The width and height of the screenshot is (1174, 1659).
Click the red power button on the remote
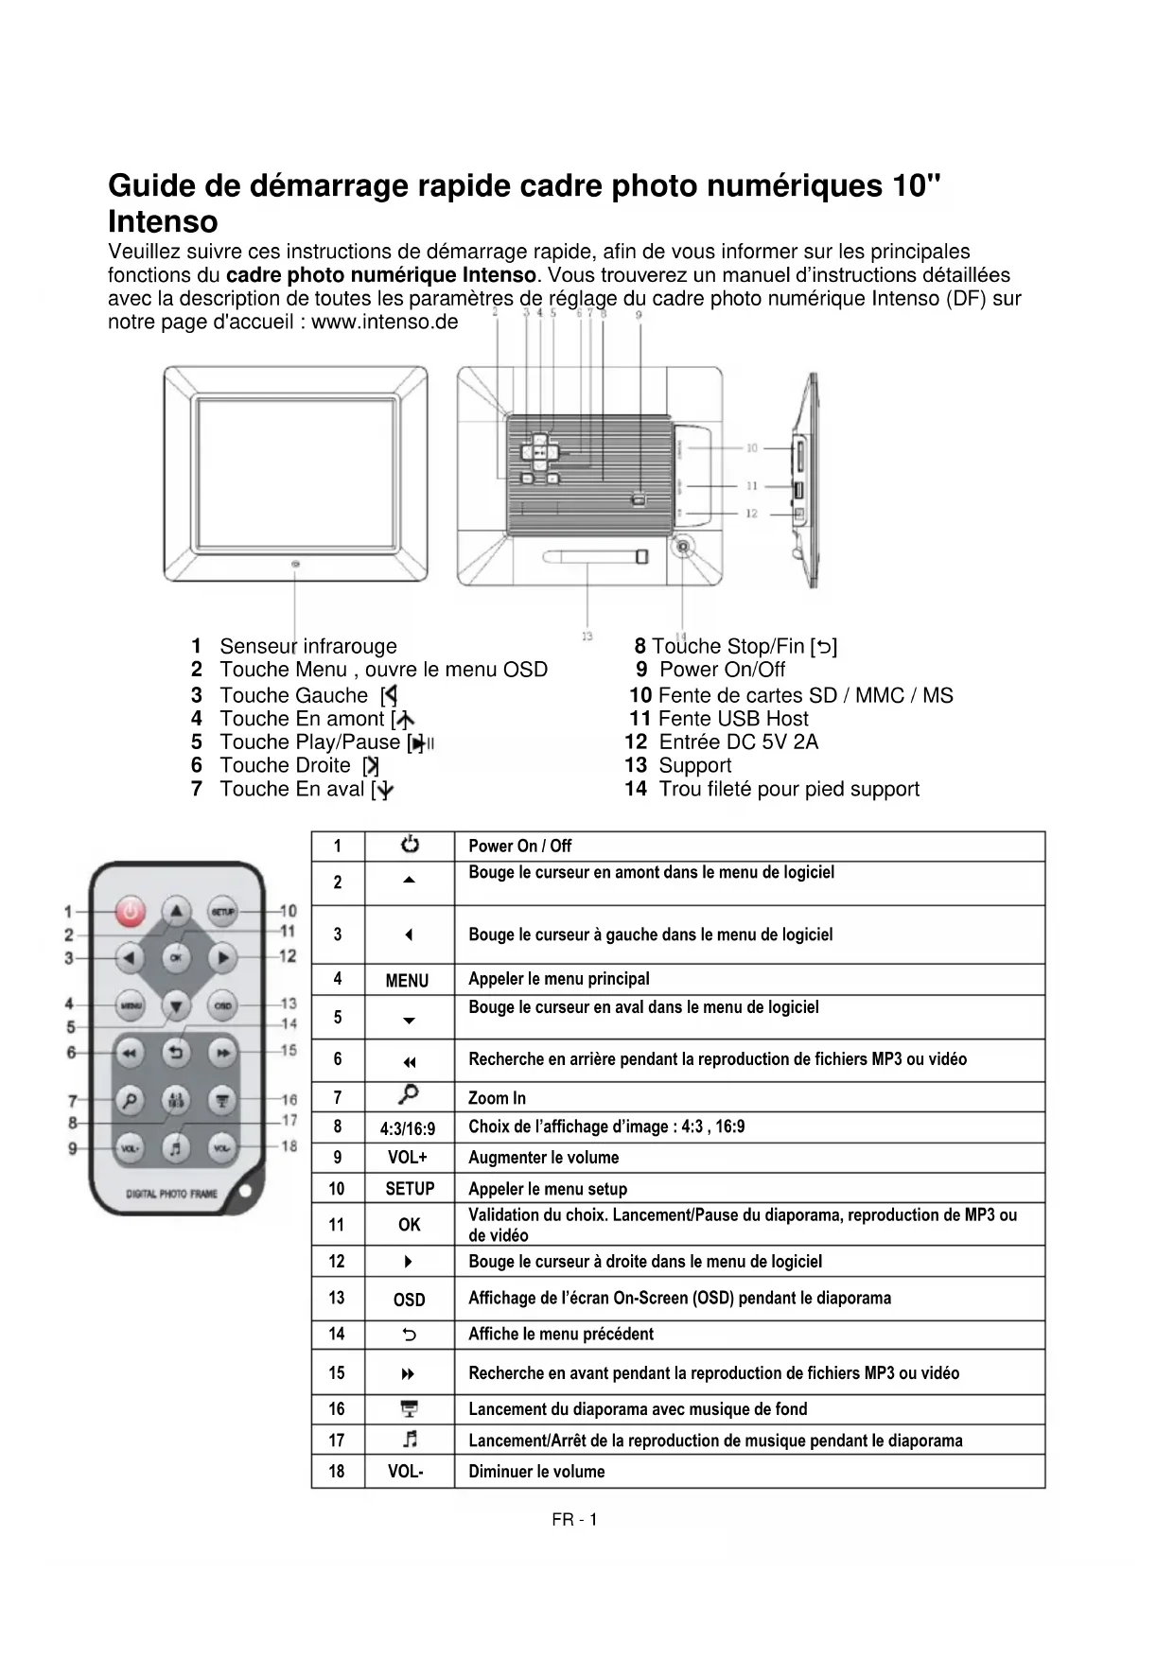click(131, 912)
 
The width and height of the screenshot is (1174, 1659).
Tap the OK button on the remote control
click(176, 957)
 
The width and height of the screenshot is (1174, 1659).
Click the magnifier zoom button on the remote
click(131, 1099)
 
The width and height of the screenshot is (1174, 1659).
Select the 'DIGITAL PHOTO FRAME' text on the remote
click(171, 1194)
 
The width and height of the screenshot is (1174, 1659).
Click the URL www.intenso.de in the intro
click(384, 323)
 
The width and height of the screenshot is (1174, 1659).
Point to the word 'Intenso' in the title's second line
click(163, 222)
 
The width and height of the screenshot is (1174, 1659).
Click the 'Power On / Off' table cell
click(520, 847)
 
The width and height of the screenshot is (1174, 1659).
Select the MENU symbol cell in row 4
click(408, 981)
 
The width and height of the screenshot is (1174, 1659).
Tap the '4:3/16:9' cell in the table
click(408, 1128)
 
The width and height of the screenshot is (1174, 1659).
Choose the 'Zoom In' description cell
click(498, 1098)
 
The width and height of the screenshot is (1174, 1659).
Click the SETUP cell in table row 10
click(410, 1189)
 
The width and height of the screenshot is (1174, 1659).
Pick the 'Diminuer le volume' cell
click(536, 1472)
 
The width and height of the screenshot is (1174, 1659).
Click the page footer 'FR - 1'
click(574, 1520)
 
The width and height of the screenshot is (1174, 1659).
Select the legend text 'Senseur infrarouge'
click(308, 647)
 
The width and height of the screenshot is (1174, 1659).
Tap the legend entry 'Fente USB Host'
click(733, 719)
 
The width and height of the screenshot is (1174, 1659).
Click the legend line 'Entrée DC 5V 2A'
click(738, 742)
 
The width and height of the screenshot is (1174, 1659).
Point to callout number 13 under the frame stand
click(587, 637)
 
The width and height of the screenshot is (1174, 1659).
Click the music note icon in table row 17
click(410, 1440)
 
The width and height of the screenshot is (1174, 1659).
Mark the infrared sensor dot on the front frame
click(296, 565)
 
